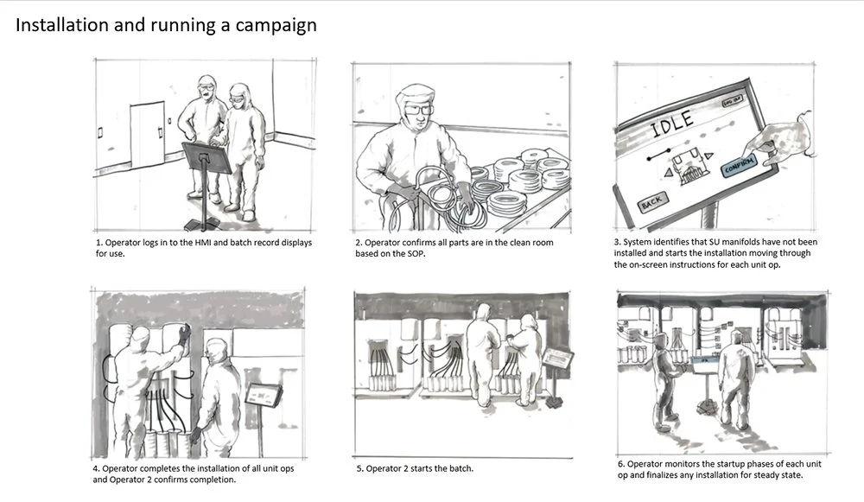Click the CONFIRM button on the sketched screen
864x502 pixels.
pyautogui.click(x=740, y=166)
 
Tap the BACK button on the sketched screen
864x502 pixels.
pyautogui.click(x=652, y=202)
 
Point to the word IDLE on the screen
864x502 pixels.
pyautogui.click(x=671, y=125)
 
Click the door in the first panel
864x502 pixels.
pyautogui.click(x=147, y=135)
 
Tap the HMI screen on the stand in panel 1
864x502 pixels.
pyautogui.click(x=207, y=156)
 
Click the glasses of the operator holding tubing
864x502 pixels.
pyautogui.click(x=419, y=111)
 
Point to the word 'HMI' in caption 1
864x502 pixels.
pyautogui.click(x=203, y=243)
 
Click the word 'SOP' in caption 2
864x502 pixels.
pyautogui.click(x=416, y=254)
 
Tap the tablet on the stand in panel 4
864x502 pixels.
pyautogui.click(x=264, y=395)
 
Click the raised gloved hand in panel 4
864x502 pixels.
pyautogui.click(x=183, y=334)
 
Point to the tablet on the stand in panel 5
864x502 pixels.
pyautogui.click(x=557, y=359)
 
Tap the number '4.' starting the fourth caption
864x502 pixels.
pyautogui.click(x=96, y=469)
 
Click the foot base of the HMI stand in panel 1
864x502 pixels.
pyautogui.click(x=202, y=225)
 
